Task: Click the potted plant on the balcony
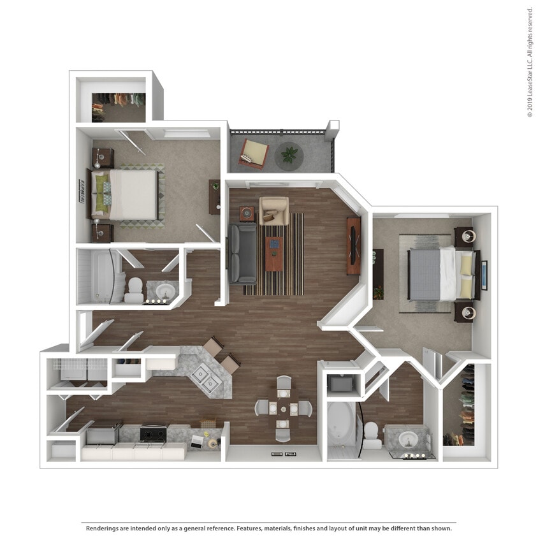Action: pyautogui.click(x=289, y=155)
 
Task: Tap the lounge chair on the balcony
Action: pyautogui.click(x=254, y=154)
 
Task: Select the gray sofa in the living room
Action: pyautogui.click(x=243, y=253)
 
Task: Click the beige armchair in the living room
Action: pyautogui.click(x=274, y=210)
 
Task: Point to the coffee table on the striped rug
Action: pyautogui.click(x=274, y=254)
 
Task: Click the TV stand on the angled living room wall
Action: pyautogui.click(x=354, y=245)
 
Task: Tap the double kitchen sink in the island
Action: pyautogui.click(x=205, y=377)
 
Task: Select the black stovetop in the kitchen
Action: pyautogui.click(x=153, y=434)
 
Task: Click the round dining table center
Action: pyautogui.click(x=284, y=409)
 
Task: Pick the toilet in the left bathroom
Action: pyautogui.click(x=134, y=290)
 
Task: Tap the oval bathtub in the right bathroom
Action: pyautogui.click(x=341, y=425)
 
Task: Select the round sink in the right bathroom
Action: pyautogui.click(x=409, y=439)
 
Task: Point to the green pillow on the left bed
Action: pyautogui.click(x=101, y=193)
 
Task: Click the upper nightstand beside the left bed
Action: pyautogui.click(x=103, y=158)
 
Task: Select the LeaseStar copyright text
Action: pyautogui.click(x=530, y=62)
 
